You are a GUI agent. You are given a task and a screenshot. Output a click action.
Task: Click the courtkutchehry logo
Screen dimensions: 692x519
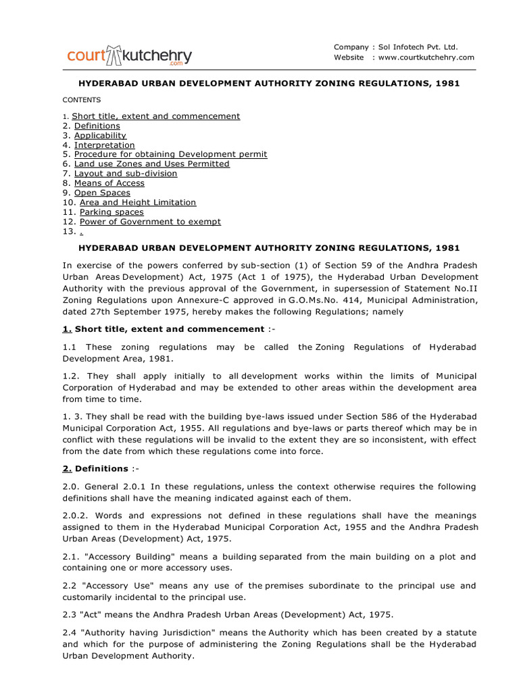pos(129,55)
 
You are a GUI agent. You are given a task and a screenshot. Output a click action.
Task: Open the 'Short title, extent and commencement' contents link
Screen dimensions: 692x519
pos(155,116)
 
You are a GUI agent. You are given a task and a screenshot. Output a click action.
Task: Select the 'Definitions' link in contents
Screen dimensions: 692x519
pos(97,126)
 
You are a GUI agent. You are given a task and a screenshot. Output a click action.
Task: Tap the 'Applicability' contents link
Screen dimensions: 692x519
pos(100,135)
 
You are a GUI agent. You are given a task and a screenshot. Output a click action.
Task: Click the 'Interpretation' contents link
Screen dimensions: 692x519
pos(104,145)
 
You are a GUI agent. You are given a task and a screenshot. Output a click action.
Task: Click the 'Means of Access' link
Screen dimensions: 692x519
pos(109,183)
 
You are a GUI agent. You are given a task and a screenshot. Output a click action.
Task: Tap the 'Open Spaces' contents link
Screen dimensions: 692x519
pos(102,193)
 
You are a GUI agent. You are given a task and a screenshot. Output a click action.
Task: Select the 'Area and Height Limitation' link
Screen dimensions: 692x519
pos(138,202)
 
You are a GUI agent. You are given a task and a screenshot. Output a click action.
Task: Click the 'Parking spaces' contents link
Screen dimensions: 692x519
pos(112,212)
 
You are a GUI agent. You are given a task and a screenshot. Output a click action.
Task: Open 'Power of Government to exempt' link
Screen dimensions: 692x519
pos(150,222)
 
